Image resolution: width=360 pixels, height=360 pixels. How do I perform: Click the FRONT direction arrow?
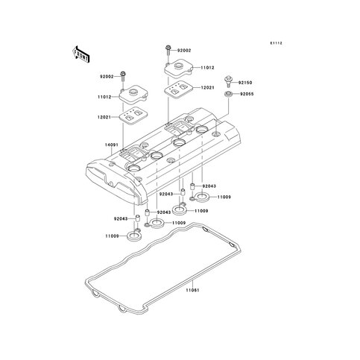(80, 54)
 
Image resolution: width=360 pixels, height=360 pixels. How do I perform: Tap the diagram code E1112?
(277, 43)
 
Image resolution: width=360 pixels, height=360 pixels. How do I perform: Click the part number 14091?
(110, 145)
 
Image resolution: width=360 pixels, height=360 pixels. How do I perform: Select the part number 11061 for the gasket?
(193, 290)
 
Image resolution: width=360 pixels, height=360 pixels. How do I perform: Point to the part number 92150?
(245, 83)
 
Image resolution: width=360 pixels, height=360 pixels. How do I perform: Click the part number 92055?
(247, 94)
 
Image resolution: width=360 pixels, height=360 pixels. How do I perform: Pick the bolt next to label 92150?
(228, 81)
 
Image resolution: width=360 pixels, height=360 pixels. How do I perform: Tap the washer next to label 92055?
(228, 94)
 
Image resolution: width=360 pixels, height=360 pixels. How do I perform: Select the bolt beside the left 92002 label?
(123, 77)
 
